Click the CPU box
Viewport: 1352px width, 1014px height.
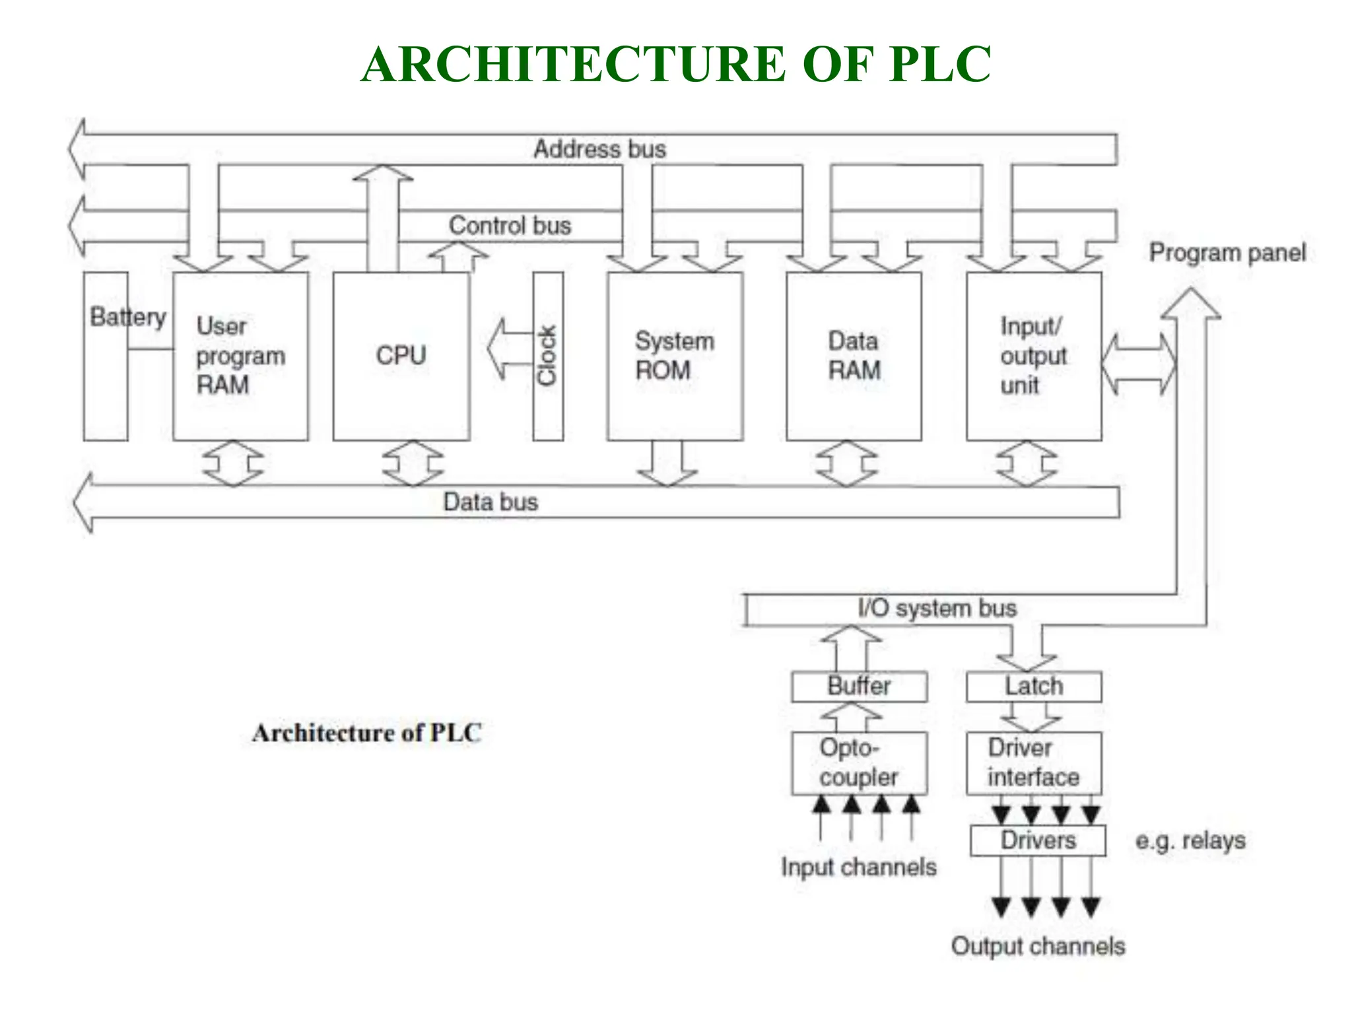point(401,356)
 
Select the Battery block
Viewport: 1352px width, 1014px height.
point(106,370)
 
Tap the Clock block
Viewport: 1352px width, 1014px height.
point(548,356)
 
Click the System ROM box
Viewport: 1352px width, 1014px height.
point(675,356)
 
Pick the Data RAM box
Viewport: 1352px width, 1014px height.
point(854,356)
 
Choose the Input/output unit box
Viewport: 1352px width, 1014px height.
point(1033,356)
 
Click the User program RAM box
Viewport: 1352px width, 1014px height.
point(240,356)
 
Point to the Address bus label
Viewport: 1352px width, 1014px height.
point(599,149)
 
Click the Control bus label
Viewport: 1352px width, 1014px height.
point(510,226)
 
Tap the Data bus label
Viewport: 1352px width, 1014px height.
point(490,502)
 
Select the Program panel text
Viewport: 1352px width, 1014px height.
point(1227,253)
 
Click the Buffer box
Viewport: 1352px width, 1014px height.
point(859,687)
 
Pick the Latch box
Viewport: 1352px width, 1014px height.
point(1034,687)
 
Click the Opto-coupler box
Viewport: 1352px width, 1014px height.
point(859,762)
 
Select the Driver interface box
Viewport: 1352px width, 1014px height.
point(1034,762)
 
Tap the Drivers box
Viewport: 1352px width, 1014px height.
point(1038,840)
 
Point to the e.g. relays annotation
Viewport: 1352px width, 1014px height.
point(1190,840)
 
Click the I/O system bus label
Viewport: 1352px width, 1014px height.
point(937,608)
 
